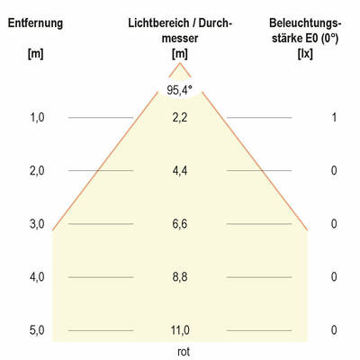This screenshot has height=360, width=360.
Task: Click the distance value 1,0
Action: pos(36,118)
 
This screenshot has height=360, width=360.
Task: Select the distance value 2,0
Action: pos(36,171)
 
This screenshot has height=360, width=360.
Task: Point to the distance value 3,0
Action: pos(36,224)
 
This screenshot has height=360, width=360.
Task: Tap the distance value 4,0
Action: pos(36,277)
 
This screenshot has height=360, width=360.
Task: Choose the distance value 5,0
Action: pos(36,330)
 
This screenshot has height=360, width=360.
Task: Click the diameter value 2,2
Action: pos(180,118)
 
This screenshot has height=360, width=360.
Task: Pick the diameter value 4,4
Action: pos(180,171)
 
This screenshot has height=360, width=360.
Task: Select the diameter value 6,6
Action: pos(180,224)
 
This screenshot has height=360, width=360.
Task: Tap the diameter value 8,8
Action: pos(180,277)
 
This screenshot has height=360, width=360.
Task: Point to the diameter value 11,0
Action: pos(180,330)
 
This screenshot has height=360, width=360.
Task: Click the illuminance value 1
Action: pos(333,118)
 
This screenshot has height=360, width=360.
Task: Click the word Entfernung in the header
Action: pos(36,22)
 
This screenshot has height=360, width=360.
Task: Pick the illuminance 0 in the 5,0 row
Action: pos(333,330)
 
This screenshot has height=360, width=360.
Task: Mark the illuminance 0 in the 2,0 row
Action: pos(333,171)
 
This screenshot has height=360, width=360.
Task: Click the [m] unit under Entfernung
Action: pos(36,55)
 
